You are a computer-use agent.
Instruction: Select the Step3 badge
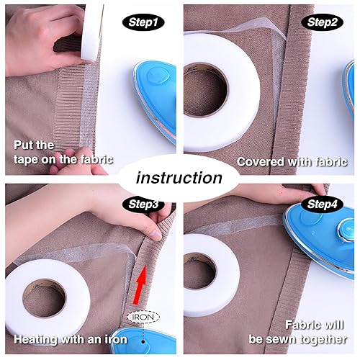click(x=143, y=204)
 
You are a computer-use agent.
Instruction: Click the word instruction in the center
click(x=179, y=177)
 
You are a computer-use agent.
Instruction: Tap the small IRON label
click(x=143, y=316)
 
